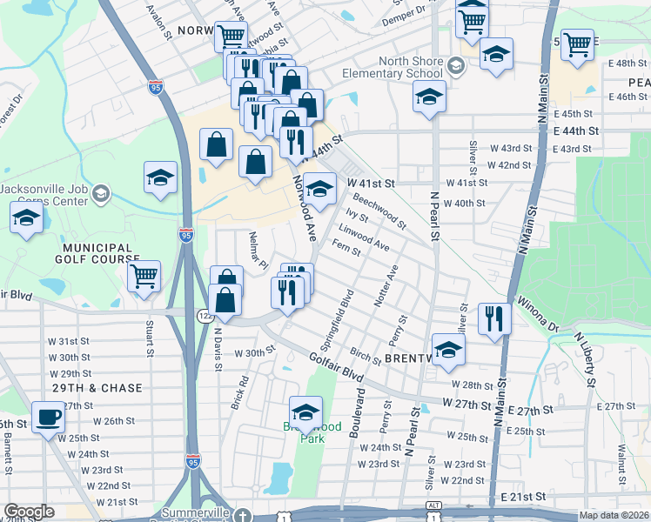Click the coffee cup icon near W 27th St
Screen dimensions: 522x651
coord(49,415)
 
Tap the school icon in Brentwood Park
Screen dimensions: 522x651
coord(305,410)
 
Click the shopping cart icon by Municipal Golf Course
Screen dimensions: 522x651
coord(144,276)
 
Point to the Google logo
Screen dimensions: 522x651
coord(29,512)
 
